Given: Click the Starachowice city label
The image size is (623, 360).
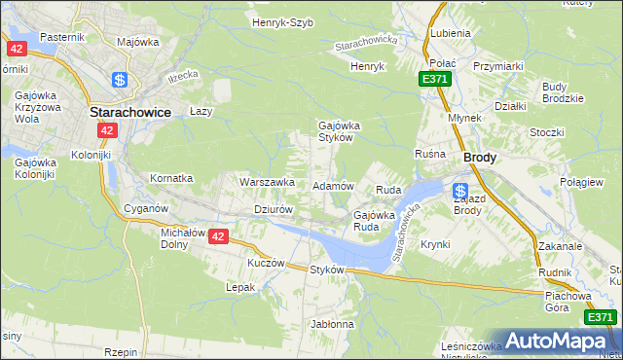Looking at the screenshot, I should tap(130, 112).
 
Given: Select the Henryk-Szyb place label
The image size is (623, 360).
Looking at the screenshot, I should tap(282, 22).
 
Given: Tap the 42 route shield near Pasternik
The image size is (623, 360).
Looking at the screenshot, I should tap(16, 48).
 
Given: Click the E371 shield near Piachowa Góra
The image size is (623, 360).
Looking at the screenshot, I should tap(601, 317).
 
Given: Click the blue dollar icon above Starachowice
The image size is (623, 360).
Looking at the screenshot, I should tap(120, 80).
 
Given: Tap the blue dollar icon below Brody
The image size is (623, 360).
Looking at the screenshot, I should tap(460, 191).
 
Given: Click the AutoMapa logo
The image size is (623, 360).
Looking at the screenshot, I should tap(554, 341).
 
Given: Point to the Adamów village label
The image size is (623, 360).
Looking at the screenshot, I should tap(332, 185).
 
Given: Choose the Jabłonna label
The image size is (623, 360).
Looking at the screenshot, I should tap(332, 323).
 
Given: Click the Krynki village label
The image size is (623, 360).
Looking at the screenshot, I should tap(435, 244).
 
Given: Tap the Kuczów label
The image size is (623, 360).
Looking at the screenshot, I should tap(266, 264).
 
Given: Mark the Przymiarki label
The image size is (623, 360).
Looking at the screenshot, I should tap(499, 66).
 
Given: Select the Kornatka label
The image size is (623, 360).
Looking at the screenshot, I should tap(171, 179).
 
